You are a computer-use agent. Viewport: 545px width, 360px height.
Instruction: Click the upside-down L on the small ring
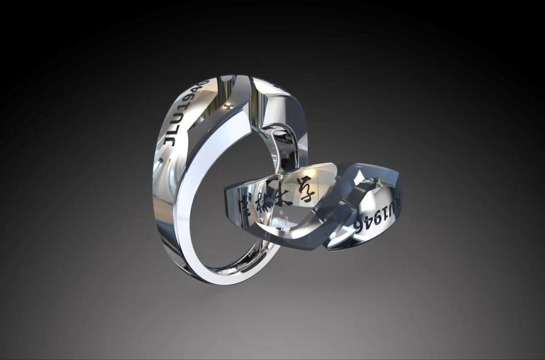tap(398, 202)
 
